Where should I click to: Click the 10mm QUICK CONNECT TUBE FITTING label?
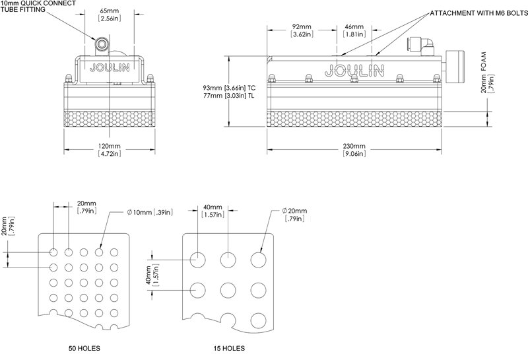(x=38, y=6)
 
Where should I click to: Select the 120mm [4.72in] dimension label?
(x=110, y=150)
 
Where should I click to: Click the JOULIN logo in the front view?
(x=110, y=68)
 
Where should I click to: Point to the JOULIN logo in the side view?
(x=354, y=70)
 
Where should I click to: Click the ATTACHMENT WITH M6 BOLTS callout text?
(x=479, y=13)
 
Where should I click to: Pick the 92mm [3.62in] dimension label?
(x=302, y=30)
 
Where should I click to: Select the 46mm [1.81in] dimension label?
(x=354, y=30)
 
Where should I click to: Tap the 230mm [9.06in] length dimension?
(x=354, y=150)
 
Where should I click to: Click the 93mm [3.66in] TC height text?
(x=229, y=88)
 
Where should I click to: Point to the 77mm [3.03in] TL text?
(x=228, y=96)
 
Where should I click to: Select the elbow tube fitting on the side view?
(x=426, y=46)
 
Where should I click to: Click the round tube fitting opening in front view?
(x=101, y=43)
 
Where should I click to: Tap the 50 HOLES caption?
(x=84, y=348)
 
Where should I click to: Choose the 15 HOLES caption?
(x=229, y=348)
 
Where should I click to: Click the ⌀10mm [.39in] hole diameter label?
(x=150, y=212)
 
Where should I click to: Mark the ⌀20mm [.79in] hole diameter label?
(x=294, y=215)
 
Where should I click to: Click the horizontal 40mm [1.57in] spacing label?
(x=213, y=211)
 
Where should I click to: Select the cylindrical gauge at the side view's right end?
(x=455, y=67)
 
